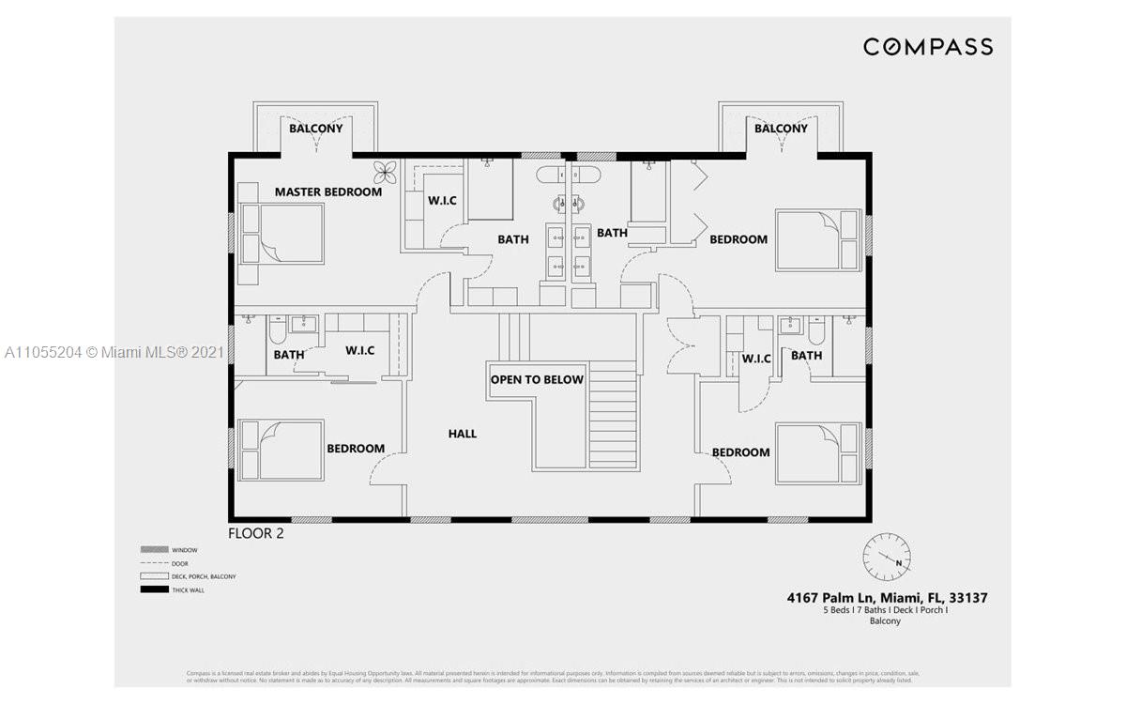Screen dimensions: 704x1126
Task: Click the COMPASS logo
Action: coord(927,47)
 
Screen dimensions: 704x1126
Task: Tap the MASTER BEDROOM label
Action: coord(327,191)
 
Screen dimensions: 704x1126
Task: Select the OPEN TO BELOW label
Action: coord(537,379)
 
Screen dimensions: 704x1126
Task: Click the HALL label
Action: coord(462,434)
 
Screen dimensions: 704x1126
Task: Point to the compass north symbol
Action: coord(886,557)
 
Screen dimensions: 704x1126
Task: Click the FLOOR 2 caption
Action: coord(256,533)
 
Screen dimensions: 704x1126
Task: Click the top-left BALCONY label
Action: coord(315,129)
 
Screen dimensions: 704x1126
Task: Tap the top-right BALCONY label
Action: coord(781,129)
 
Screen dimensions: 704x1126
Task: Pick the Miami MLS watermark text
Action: coord(114,352)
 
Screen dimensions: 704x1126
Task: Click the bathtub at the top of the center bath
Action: coord(569,176)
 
